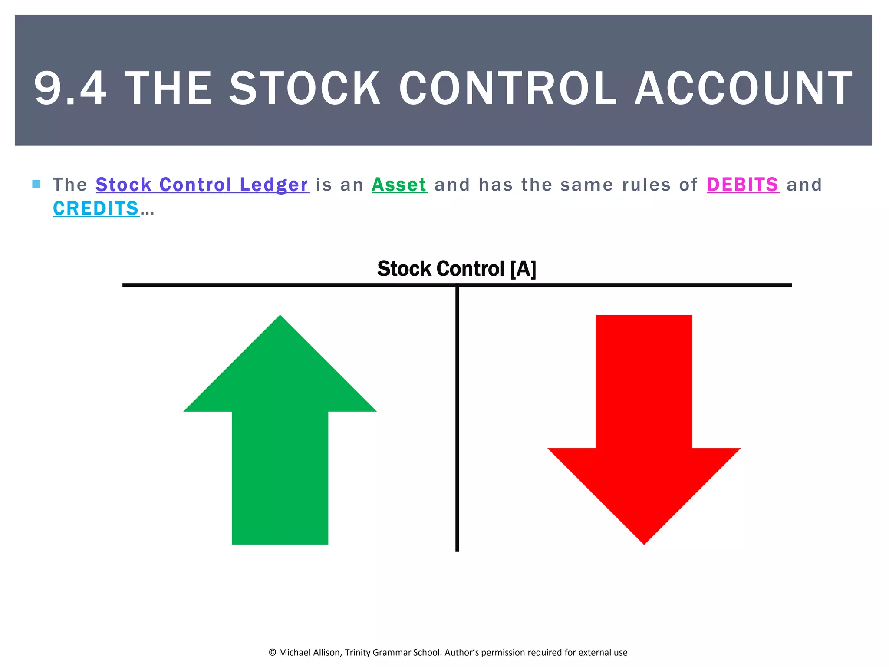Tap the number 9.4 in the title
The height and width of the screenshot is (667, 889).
[70, 89]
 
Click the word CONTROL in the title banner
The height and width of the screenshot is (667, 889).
[507, 89]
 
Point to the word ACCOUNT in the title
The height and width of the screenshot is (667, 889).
[744, 89]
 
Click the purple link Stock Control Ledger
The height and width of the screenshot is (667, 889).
[202, 185]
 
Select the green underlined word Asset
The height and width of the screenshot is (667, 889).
[399, 185]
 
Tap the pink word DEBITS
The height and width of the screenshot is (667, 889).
[743, 185]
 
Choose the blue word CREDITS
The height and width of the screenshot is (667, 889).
[96, 209]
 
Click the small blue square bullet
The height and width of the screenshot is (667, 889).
[36, 184]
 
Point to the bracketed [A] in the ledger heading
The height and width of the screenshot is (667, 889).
[524, 269]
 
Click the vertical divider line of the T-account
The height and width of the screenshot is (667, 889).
[457, 417]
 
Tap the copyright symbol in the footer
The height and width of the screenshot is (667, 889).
[273, 653]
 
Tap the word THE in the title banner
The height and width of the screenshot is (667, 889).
[168, 89]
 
